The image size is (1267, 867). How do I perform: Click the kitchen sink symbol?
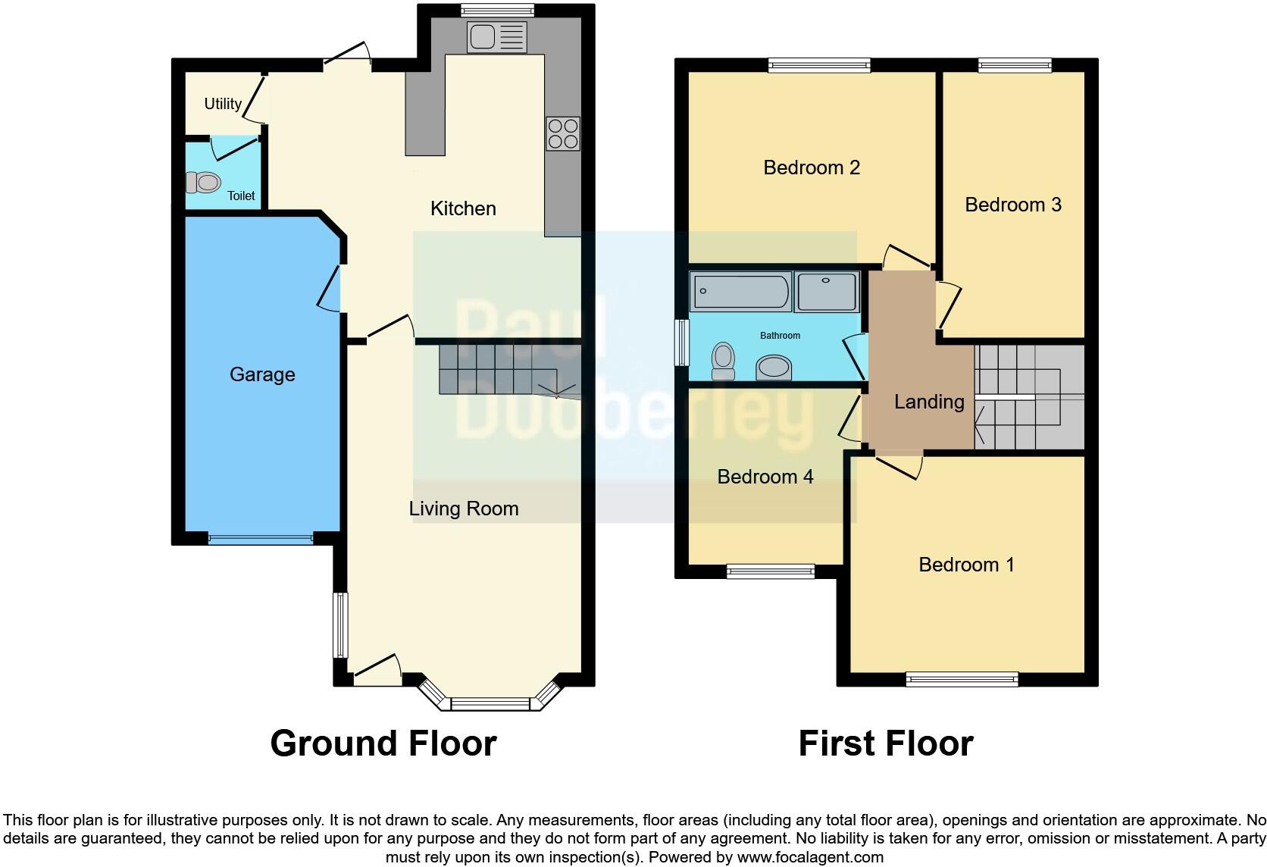[496, 37]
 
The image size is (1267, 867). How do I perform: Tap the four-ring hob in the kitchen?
[562, 133]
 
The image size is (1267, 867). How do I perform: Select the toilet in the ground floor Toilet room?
[203, 183]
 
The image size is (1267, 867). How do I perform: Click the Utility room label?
[223, 104]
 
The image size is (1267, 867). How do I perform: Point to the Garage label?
[262, 374]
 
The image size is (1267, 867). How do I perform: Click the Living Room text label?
[464, 509]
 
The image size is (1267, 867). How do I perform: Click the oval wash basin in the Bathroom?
[774, 368]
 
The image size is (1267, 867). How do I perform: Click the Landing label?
[929, 402]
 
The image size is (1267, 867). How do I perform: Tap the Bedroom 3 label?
[1012, 205]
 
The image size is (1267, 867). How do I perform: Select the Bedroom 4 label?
[765, 477]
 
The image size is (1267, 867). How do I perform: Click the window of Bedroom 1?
[962, 679]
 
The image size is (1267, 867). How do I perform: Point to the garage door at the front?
[260, 539]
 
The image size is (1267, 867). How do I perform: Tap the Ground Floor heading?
[383, 743]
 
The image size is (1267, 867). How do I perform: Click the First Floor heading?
[885, 743]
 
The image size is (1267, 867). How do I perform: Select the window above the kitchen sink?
[497, 11]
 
